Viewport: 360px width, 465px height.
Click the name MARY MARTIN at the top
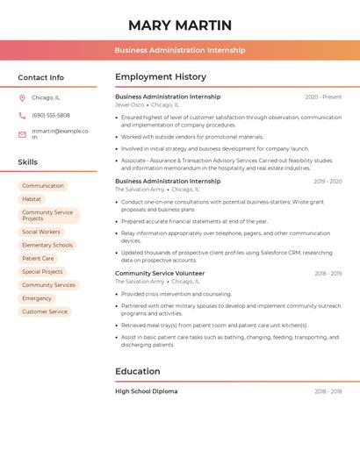tap(180, 25)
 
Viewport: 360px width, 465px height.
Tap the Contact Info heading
tap(41, 77)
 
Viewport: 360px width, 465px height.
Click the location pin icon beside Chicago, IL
tap(22, 97)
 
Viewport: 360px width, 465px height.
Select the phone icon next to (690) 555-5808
tap(22, 115)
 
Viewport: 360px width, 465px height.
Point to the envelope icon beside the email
tap(22, 133)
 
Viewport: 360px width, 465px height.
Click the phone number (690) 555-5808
tap(51, 115)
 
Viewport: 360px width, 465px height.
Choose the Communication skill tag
tap(43, 186)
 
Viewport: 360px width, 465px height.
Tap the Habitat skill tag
tap(32, 199)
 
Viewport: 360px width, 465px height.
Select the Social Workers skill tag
tap(41, 232)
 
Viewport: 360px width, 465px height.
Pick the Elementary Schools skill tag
tap(47, 245)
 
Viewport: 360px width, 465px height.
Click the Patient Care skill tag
tap(38, 259)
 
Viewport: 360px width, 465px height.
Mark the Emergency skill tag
tap(37, 298)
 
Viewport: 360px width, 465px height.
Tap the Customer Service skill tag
tap(45, 311)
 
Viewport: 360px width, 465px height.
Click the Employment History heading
tap(161, 77)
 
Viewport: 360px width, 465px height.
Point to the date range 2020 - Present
tap(323, 97)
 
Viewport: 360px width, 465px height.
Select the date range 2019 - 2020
tap(327, 182)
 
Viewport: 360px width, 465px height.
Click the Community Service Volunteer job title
tap(160, 273)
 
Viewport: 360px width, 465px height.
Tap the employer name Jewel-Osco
tap(129, 104)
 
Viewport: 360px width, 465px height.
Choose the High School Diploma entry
tap(146, 391)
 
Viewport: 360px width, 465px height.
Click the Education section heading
tap(138, 371)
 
